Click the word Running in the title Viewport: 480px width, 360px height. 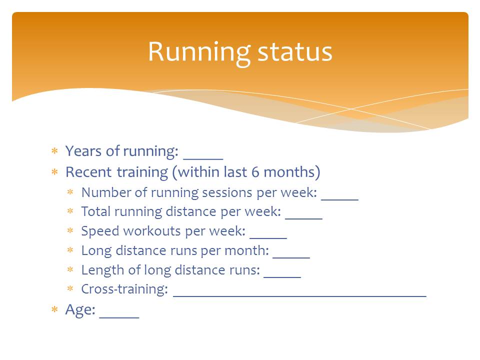coord(199,53)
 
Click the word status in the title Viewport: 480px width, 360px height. coord(295,52)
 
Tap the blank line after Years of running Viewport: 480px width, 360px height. coord(203,159)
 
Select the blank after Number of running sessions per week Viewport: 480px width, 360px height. coord(339,199)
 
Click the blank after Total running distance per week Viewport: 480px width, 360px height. coord(303,218)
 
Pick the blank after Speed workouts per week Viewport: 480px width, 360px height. coord(268,238)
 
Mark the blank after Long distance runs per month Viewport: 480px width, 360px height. coord(291,257)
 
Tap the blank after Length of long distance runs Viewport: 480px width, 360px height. coord(282,277)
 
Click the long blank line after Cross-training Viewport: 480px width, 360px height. coord(299,296)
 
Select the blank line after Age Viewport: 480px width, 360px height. coord(119,318)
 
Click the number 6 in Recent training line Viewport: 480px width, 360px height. coord(255,172)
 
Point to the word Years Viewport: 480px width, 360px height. coord(83,151)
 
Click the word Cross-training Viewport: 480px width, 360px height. coord(124,289)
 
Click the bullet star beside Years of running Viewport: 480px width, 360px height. coord(54,150)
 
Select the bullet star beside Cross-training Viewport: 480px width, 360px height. coord(70,288)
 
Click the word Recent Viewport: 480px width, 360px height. coord(88,172)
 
